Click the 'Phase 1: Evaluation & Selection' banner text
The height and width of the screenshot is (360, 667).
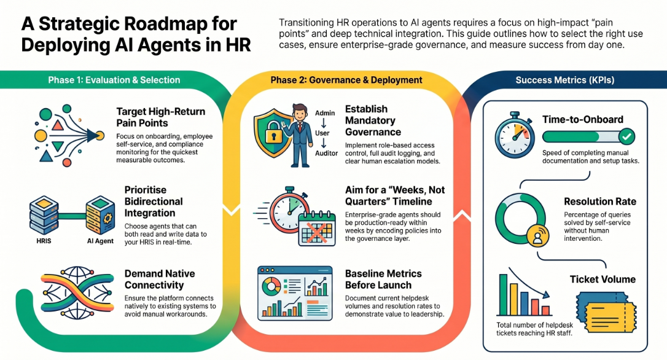click(x=114, y=80)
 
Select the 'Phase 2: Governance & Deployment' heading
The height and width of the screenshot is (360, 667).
click(x=346, y=80)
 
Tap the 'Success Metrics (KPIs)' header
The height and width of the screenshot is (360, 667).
click(x=565, y=80)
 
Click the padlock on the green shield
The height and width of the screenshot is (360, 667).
click(x=273, y=133)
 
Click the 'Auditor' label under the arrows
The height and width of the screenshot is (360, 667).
click(x=326, y=153)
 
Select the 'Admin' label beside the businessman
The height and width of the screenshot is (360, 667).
click(x=325, y=113)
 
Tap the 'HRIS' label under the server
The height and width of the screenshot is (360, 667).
click(x=44, y=241)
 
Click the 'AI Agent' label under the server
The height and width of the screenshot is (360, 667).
click(x=100, y=241)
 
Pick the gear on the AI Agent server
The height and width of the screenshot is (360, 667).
click(x=107, y=218)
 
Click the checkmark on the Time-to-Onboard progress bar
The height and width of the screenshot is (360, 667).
click(x=626, y=136)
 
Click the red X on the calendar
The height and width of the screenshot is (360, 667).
click(x=318, y=232)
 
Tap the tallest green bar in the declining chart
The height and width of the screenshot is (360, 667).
click(x=503, y=294)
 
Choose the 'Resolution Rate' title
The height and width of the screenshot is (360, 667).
click(x=600, y=202)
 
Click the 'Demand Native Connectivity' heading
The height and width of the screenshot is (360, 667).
click(x=160, y=279)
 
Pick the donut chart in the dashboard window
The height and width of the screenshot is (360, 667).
click(x=271, y=286)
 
